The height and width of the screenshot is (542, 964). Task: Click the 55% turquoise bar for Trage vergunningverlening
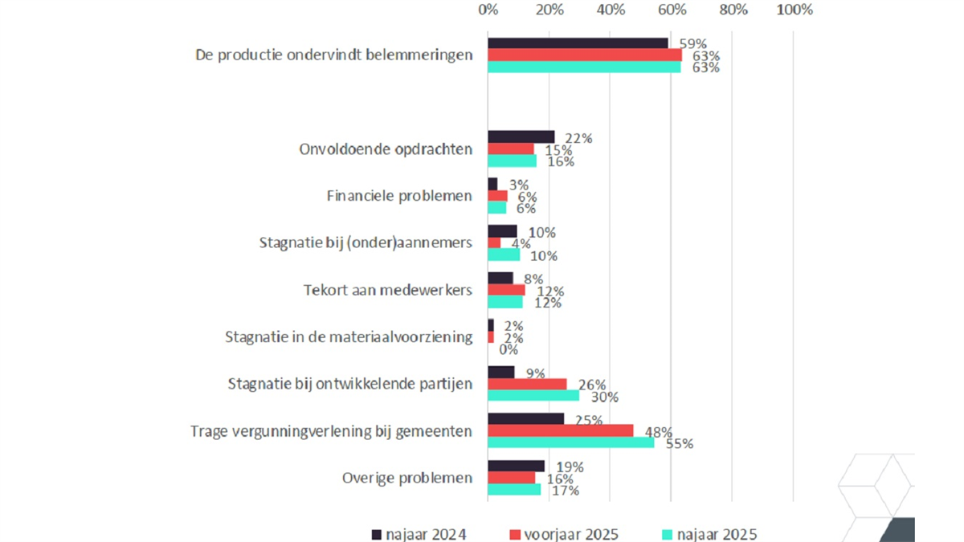(x=571, y=442)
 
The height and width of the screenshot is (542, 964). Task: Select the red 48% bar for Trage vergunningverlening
(x=560, y=430)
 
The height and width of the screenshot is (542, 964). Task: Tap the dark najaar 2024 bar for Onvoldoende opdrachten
(x=521, y=137)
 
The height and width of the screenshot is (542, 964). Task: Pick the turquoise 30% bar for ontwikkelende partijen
(x=533, y=395)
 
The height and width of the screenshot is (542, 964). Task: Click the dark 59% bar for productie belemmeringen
(x=578, y=43)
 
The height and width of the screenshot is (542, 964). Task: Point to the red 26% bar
(x=527, y=384)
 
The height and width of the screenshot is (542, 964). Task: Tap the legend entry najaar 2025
(x=709, y=534)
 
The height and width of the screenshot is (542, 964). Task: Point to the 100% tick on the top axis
(x=795, y=10)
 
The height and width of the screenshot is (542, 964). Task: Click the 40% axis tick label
(x=611, y=10)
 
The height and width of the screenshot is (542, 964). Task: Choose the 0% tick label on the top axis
(x=488, y=10)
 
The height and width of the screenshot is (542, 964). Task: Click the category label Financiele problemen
(x=399, y=196)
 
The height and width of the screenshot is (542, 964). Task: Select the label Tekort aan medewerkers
(x=387, y=290)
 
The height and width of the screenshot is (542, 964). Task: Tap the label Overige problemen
(x=406, y=478)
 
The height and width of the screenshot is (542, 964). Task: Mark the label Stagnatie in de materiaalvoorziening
(x=349, y=336)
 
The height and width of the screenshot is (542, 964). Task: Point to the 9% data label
(x=534, y=373)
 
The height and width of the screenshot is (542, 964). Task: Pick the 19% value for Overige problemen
(x=569, y=467)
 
